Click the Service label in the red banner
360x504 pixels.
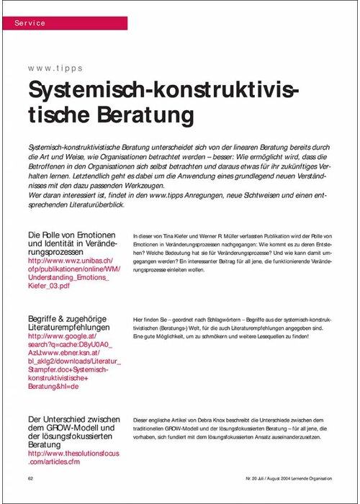pyautogui.click(x=30, y=23)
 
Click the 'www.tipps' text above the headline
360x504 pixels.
pyautogui.click(x=55, y=69)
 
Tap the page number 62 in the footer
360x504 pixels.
pyautogui.click(x=31, y=478)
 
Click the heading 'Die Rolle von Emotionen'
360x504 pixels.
pyautogui.click(x=71, y=235)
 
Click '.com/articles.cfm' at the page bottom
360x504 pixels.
pyautogui.click(x=62, y=463)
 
